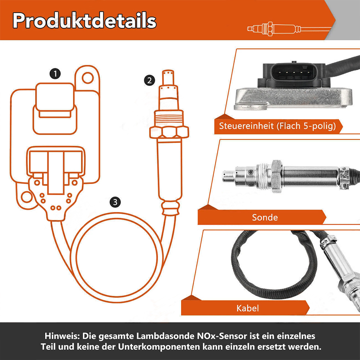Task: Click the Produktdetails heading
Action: (x=84, y=21)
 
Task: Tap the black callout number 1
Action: (x=55, y=74)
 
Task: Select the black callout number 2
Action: (x=149, y=81)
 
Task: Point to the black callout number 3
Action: (x=115, y=202)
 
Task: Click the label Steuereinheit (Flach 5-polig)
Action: (x=277, y=126)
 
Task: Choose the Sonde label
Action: (x=265, y=217)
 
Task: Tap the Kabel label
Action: (x=248, y=308)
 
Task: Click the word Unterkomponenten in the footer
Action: (x=159, y=347)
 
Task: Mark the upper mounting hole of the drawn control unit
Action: (x=88, y=78)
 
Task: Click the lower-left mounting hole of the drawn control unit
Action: (x=27, y=197)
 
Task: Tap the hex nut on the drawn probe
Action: (x=169, y=132)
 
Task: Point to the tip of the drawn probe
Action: (x=168, y=72)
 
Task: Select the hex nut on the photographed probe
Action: (x=276, y=176)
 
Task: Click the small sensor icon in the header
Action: (x=289, y=29)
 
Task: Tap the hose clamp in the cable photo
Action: (x=328, y=242)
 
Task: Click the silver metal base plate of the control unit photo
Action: (x=293, y=98)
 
